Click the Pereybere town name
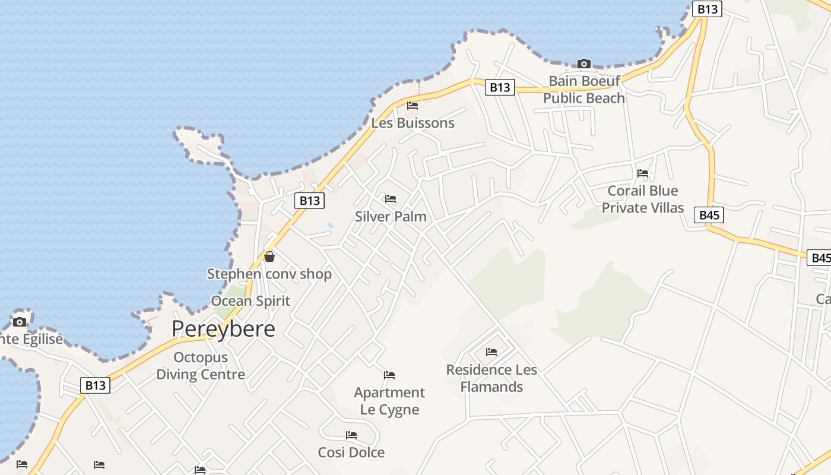[x=223, y=329]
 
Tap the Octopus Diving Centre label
[x=201, y=366]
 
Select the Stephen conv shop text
[x=269, y=274]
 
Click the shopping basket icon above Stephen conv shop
[x=269, y=256]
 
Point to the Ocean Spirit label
[x=250, y=301]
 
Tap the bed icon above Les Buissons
[x=413, y=106]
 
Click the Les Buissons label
[x=413, y=123]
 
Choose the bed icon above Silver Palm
[x=391, y=199]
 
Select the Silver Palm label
[x=391, y=216]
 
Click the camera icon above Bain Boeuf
[x=584, y=64]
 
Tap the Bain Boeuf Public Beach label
[x=584, y=89]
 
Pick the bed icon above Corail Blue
[x=643, y=173]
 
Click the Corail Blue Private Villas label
[x=643, y=199]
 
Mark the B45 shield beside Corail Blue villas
[x=709, y=215]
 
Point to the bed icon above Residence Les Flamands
[x=491, y=352]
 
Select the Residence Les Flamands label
[x=491, y=378]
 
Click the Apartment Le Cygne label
[x=389, y=401]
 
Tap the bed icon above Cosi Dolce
[x=351, y=435]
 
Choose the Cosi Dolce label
[x=351, y=452]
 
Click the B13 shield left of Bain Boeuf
[x=500, y=87]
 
